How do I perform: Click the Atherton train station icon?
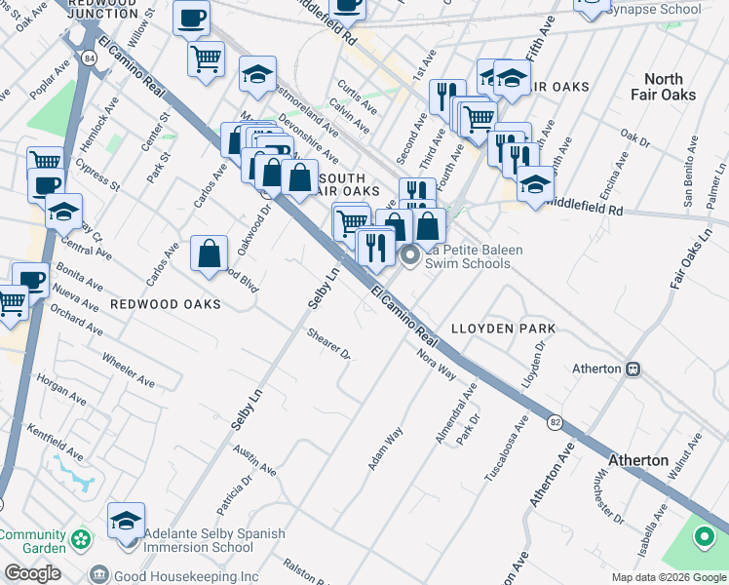[633, 369]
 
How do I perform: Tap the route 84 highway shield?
[90, 59]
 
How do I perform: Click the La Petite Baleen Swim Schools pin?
[410, 257]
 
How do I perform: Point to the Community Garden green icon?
[82, 537]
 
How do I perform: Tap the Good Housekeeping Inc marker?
[98, 575]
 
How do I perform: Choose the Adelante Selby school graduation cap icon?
[126, 522]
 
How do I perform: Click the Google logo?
[32, 573]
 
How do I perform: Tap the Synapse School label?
[653, 10]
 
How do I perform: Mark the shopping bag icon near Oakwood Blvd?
[210, 254]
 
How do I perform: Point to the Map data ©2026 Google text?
[668, 577]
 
